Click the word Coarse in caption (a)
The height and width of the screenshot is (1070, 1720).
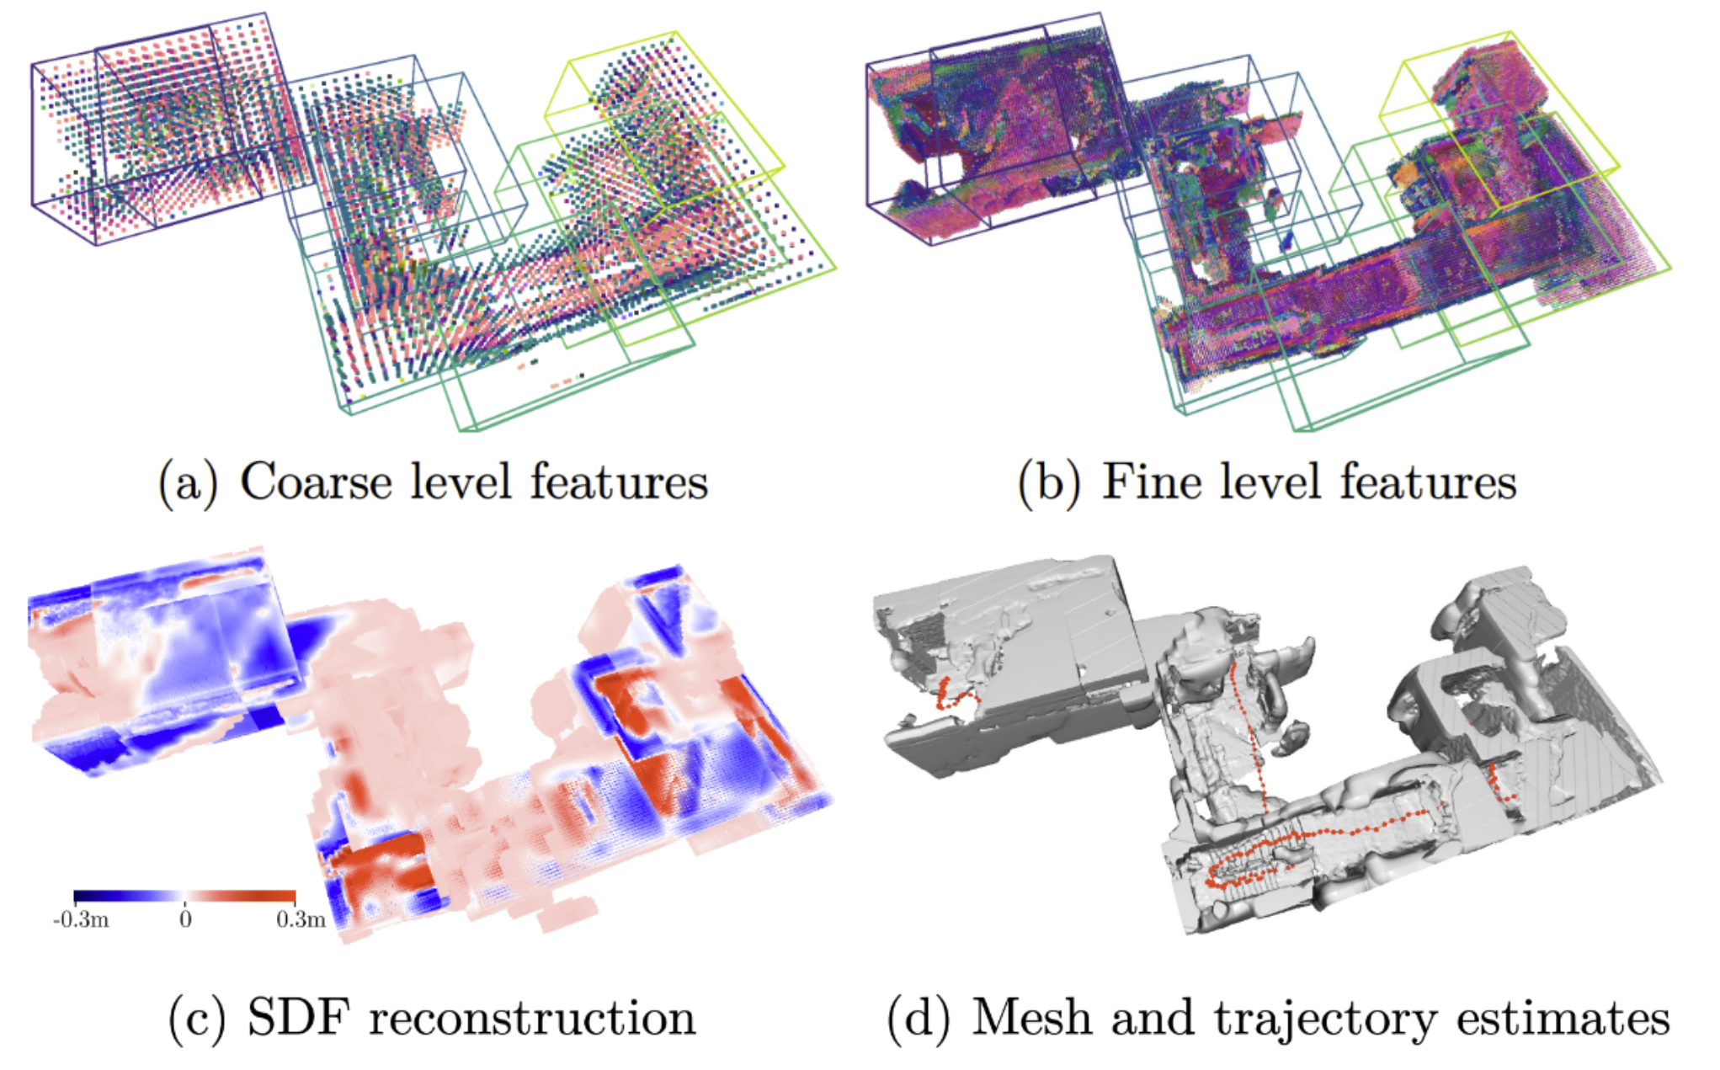pyautogui.click(x=316, y=482)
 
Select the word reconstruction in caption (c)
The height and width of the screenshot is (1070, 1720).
pyautogui.click(x=532, y=1018)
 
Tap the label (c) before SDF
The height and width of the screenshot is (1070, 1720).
pyautogui.click(x=197, y=1019)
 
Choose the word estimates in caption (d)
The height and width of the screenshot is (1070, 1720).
pyautogui.click(x=1563, y=1018)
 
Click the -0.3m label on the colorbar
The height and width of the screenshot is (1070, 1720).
pyautogui.click(x=81, y=919)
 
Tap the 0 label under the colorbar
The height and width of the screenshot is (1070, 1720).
pyautogui.click(x=185, y=919)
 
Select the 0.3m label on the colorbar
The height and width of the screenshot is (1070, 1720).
pyautogui.click(x=301, y=919)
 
